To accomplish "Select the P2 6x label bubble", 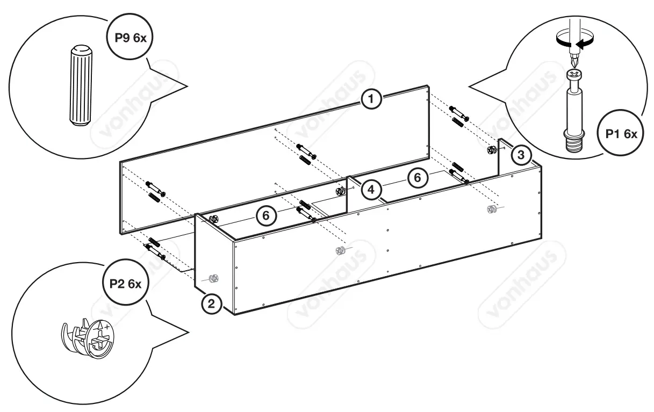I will click(x=125, y=284).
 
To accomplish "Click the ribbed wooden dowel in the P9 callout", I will click(x=80, y=86).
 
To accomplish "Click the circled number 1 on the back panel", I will click(x=371, y=99).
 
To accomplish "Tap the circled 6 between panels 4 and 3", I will click(x=418, y=177).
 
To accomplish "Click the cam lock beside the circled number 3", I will click(x=491, y=150).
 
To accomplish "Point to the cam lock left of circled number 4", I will click(x=340, y=191).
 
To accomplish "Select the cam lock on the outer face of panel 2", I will click(x=213, y=278).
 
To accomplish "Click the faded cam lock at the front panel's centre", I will click(x=340, y=250).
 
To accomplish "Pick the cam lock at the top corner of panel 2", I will click(x=213, y=219).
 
